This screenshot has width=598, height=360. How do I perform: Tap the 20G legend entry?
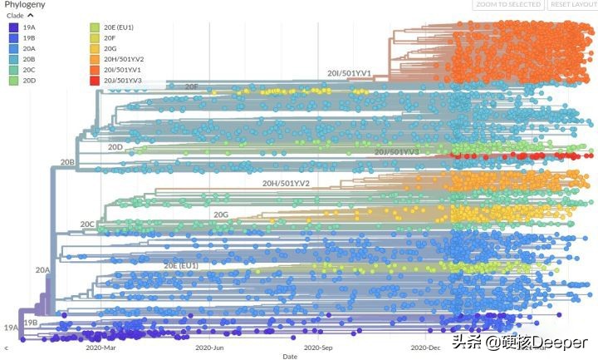[x=109, y=48]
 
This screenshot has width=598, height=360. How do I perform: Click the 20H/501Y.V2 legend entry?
[x=124, y=59]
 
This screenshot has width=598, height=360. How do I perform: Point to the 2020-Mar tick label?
[x=101, y=349]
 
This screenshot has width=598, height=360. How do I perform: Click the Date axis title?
[x=289, y=357]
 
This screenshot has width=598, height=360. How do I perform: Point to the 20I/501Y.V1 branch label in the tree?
[x=349, y=73]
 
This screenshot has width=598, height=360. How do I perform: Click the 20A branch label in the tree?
[x=42, y=270]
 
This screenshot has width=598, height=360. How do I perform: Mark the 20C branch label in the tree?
[x=87, y=224]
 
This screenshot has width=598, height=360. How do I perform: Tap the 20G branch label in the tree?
[x=220, y=215]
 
